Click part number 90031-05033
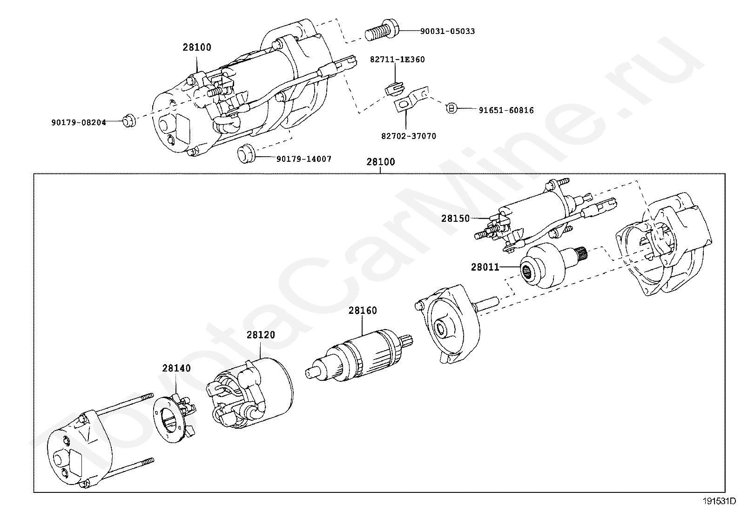tap(447, 31)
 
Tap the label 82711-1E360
tap(397, 60)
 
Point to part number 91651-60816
tap(506, 110)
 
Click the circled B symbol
tap(451, 108)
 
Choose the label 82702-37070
tap(409, 136)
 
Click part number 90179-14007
tap(303, 159)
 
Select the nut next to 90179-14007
tap(246, 154)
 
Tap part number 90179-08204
tap(79, 123)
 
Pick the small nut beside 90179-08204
tap(129, 120)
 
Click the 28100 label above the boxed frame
tap(380, 162)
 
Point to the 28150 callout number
tap(456, 219)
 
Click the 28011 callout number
tap(485, 267)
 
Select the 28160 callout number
tap(363, 311)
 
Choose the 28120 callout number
tap(261, 335)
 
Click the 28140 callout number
tap(176, 368)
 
